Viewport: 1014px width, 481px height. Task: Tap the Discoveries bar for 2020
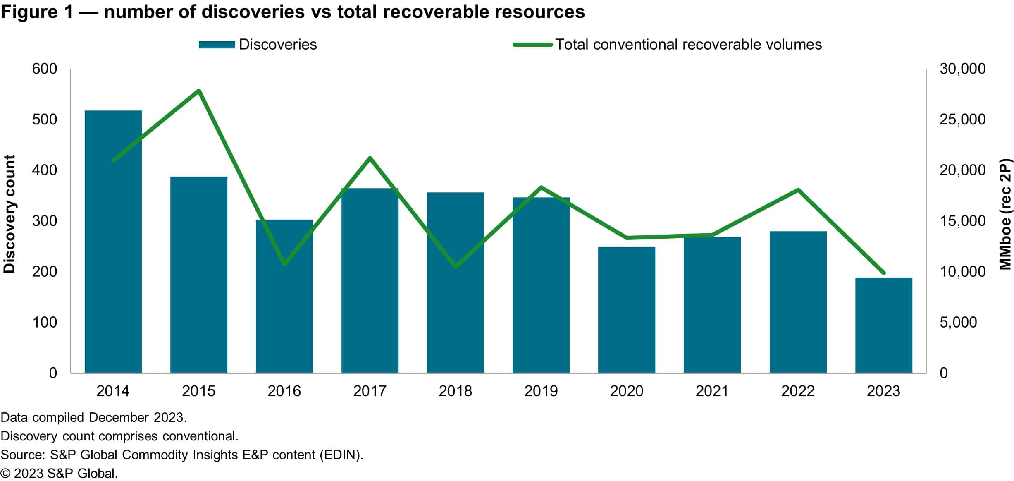point(626,310)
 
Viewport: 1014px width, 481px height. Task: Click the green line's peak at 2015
point(199,90)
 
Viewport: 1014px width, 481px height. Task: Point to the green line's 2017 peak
point(370,158)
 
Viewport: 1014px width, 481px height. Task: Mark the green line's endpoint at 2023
point(884,273)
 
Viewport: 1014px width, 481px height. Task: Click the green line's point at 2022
point(798,190)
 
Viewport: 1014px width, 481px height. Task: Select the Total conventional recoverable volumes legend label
point(688,44)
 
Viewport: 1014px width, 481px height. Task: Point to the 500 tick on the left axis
point(44,119)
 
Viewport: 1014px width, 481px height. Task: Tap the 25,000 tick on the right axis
point(962,119)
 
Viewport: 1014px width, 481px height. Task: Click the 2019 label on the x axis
point(541,391)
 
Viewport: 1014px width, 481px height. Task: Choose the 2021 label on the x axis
point(712,391)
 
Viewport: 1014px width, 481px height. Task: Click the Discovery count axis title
point(9,214)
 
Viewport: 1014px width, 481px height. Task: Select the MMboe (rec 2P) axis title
point(1005,214)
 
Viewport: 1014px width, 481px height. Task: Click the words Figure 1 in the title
point(37,12)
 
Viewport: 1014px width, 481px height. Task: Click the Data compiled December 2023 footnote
point(93,417)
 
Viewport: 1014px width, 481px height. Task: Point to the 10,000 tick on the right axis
point(962,271)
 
